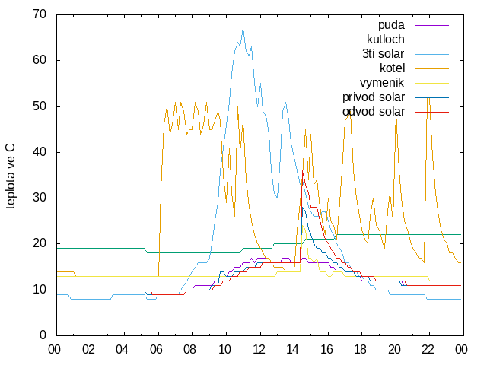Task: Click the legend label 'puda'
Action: (391, 25)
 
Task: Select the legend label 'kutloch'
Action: (386, 40)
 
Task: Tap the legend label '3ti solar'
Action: (383, 54)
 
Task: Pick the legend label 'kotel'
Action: (392, 68)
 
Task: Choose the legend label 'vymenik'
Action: (382, 83)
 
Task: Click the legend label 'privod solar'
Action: (374, 97)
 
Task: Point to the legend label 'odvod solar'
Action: (374, 112)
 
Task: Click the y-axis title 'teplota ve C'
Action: (10, 176)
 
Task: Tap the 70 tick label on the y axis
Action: (40, 14)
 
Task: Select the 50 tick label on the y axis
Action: (40, 106)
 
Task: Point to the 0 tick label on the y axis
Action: (43, 335)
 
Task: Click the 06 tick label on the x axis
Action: (156, 350)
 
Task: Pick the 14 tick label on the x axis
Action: (292, 350)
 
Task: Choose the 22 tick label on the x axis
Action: (428, 350)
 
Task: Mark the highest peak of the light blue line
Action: (243, 29)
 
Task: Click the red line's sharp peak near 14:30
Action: (303, 170)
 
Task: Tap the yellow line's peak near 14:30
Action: (303, 226)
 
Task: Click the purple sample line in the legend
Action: (431, 25)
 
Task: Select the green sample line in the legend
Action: (431, 40)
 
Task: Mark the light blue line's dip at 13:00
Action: (277, 198)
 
